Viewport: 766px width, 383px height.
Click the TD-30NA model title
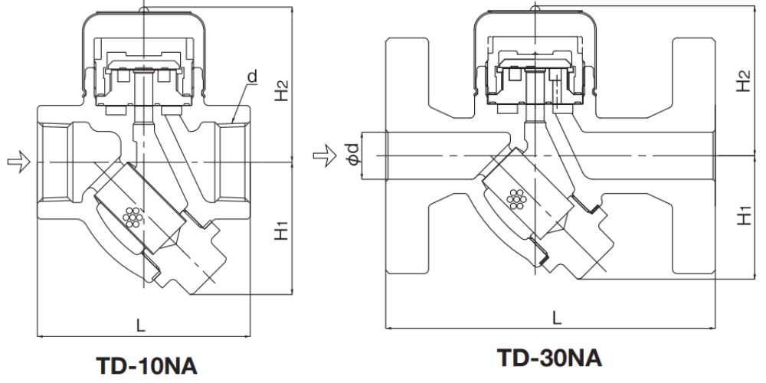(549, 357)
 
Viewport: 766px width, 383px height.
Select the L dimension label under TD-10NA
(139, 325)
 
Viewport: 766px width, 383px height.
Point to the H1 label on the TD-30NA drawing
(741, 215)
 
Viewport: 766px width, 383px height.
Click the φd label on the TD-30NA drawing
(351, 157)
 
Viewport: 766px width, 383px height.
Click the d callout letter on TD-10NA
(251, 77)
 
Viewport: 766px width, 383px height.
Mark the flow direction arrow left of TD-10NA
(18, 161)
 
